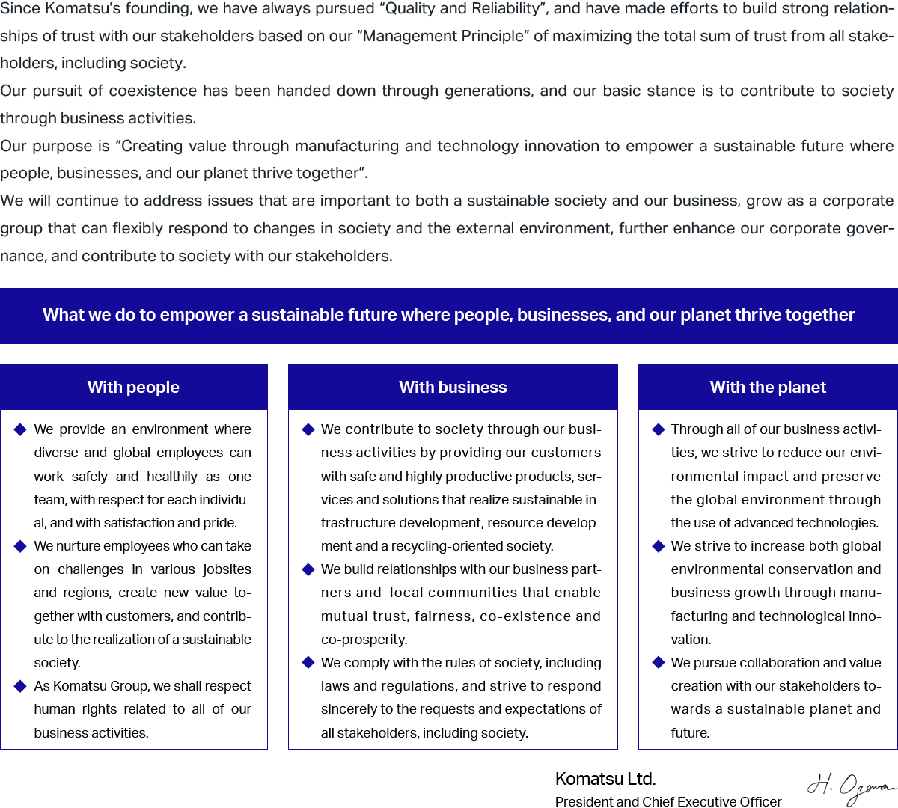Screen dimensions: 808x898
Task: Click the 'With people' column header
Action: [133, 388]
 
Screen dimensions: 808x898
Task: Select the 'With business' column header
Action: [453, 388]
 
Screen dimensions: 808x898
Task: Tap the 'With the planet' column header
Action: [768, 388]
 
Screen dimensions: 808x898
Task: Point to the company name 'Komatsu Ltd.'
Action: [605, 779]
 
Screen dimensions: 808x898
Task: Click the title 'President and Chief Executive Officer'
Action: [668, 801]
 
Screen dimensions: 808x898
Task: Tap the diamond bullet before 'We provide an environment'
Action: [20, 429]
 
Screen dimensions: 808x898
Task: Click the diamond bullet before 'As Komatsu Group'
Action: [20, 686]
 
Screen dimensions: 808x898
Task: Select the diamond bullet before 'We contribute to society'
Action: [308, 429]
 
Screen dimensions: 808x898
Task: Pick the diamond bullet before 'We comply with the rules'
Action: [308, 663]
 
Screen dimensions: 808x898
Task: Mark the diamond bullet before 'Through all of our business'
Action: [659, 429]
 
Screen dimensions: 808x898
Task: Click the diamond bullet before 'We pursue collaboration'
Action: [659, 663]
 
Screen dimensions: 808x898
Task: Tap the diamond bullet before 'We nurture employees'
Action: [20, 546]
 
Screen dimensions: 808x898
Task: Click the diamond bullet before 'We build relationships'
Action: [308, 569]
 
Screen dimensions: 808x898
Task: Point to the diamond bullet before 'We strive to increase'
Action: [659, 546]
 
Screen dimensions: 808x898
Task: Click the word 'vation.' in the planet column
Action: [691, 640]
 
